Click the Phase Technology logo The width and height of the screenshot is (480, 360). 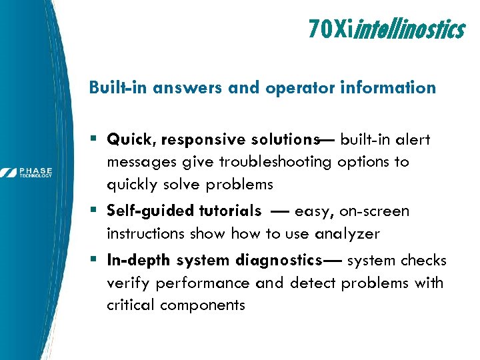click(x=27, y=173)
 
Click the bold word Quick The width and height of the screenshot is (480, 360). click(x=131, y=140)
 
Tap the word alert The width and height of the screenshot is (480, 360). click(x=413, y=140)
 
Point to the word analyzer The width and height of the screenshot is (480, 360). click(x=347, y=234)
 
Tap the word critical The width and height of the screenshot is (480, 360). click(x=130, y=305)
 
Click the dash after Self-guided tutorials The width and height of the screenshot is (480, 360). click(x=279, y=211)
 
